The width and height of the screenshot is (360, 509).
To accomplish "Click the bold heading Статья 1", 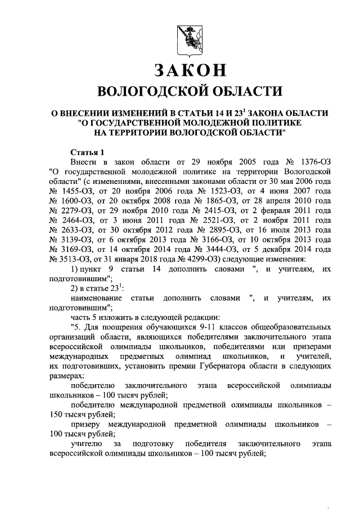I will (x=87, y=152).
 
